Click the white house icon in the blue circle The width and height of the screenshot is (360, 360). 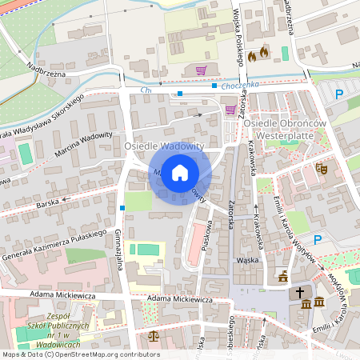click(180, 172)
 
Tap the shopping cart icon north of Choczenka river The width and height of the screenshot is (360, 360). click(201, 70)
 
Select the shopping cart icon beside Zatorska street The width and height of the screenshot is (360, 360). click(231, 109)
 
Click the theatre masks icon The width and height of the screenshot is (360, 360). click(322, 168)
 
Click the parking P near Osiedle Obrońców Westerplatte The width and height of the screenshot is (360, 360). click(339, 94)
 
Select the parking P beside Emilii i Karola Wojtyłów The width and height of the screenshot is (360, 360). click(318, 239)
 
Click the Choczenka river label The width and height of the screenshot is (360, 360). click(239, 85)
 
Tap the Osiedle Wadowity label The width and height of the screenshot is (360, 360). click(164, 146)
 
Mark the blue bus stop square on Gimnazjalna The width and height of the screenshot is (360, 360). click(122, 208)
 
